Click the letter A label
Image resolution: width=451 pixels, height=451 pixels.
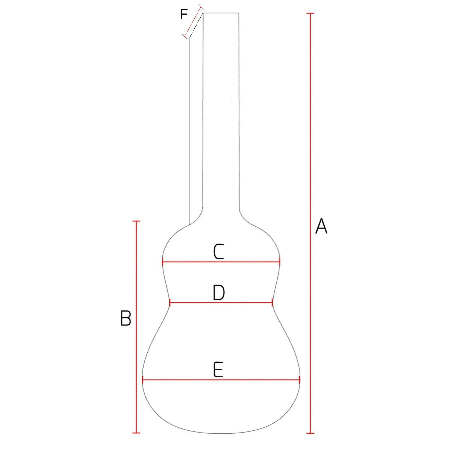[x=321, y=226]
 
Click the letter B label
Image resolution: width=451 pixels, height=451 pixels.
[x=126, y=318]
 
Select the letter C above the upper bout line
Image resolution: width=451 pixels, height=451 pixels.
[x=219, y=252]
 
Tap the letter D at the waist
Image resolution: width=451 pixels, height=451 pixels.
[x=219, y=293]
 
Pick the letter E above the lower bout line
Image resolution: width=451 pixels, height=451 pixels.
[x=218, y=370]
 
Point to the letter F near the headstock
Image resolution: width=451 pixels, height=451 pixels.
[x=183, y=15]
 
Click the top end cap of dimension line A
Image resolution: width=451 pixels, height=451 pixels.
[x=310, y=13]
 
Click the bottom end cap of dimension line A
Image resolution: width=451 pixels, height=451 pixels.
[x=310, y=433]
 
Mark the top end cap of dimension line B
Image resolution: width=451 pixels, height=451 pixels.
[x=136, y=221]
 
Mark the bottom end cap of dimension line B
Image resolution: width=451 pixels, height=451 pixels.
[x=136, y=433]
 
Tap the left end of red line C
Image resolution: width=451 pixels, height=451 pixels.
[x=163, y=262]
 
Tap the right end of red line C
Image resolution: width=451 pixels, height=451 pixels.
[x=280, y=262]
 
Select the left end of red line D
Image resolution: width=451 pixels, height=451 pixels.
[x=170, y=302]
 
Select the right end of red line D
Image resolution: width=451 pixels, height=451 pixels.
[x=272, y=302]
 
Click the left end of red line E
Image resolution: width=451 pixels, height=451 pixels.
[x=143, y=380]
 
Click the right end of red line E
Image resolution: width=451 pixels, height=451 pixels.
[x=299, y=380]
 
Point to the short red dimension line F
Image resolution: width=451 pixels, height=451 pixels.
[x=193, y=21]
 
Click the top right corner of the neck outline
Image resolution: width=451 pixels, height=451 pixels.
[x=239, y=13]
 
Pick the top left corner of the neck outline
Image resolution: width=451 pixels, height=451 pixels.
[x=203, y=13]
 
